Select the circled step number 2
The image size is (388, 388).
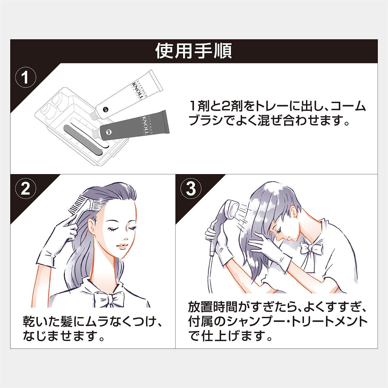(x=25, y=190)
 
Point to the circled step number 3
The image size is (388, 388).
(x=191, y=190)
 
